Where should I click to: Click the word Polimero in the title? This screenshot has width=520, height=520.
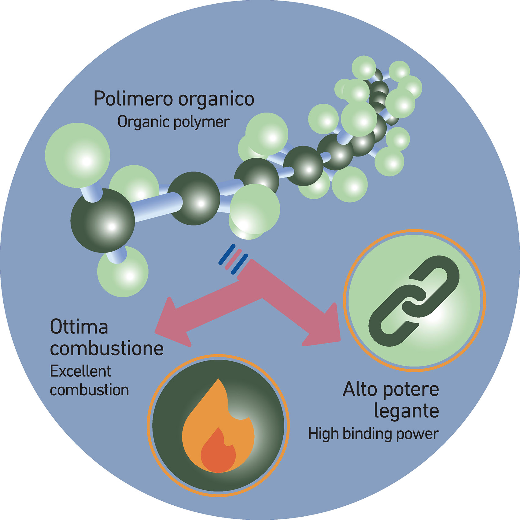click(133, 98)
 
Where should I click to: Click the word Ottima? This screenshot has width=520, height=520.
click(79, 327)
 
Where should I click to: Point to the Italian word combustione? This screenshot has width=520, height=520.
click(107, 349)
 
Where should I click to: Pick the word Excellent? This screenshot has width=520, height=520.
click(80, 371)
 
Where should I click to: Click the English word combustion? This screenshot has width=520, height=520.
click(89, 390)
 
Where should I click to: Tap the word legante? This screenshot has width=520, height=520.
click(407, 411)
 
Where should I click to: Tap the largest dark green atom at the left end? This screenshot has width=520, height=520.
click(103, 220)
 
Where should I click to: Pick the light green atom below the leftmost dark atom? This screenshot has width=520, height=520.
click(123, 271)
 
